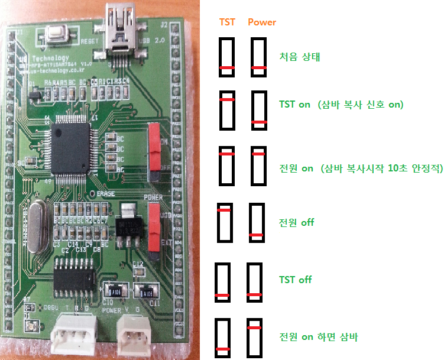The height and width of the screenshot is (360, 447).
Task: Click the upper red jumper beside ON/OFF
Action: [x=156, y=145]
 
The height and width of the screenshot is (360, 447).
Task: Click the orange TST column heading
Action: [x=227, y=22]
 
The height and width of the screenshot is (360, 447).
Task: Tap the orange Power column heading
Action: [x=262, y=22]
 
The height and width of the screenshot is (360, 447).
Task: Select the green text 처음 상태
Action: [x=299, y=57]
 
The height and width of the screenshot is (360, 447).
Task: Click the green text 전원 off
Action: [x=296, y=223]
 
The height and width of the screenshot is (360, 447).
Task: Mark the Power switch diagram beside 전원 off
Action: [x=256, y=222]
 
